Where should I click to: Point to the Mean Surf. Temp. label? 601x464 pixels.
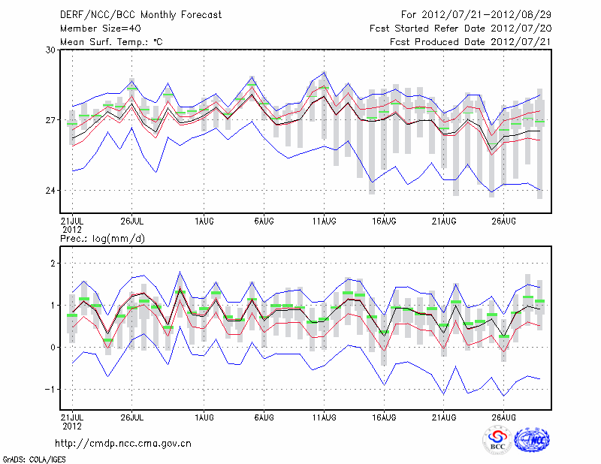pos(111,42)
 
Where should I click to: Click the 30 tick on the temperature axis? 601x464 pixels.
pos(51,50)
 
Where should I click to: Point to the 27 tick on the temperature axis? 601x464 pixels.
pos(51,120)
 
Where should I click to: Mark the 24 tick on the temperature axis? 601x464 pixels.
pos(51,191)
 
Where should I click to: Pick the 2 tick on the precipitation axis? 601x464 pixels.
pos(53,264)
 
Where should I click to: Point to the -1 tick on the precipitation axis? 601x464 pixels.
pos(51,389)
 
